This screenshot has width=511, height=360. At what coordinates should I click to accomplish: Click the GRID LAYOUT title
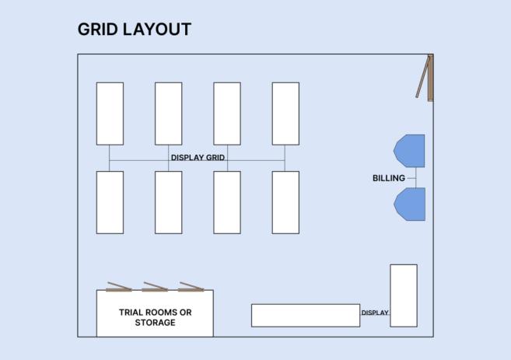[134, 30]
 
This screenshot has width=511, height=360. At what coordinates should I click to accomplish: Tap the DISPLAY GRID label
[198, 158]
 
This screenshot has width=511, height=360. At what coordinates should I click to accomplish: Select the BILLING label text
[389, 179]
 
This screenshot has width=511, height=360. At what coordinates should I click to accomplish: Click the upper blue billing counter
[411, 151]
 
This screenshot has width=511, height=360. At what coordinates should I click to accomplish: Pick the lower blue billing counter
[411, 204]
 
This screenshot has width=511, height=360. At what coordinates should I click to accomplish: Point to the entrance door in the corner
[425, 77]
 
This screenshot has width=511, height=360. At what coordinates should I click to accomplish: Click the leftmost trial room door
[119, 287]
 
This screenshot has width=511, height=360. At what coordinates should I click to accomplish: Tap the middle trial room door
[155, 287]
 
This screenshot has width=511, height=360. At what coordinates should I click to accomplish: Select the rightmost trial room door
[191, 287]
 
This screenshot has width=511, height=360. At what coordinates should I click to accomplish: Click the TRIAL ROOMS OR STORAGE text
[155, 317]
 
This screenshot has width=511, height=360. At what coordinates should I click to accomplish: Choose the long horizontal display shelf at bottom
[305, 315]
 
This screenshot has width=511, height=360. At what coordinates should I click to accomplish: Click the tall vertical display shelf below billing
[403, 295]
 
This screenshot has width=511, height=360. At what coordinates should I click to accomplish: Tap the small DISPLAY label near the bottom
[374, 313]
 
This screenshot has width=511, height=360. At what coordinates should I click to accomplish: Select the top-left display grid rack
[110, 114]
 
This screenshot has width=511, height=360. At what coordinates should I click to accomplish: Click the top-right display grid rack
[285, 114]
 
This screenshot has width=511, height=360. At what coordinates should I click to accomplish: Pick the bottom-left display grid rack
[110, 202]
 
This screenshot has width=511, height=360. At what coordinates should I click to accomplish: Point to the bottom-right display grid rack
[285, 202]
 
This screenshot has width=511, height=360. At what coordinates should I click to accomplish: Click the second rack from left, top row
[168, 114]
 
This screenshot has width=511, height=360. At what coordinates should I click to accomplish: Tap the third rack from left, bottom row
[227, 202]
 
